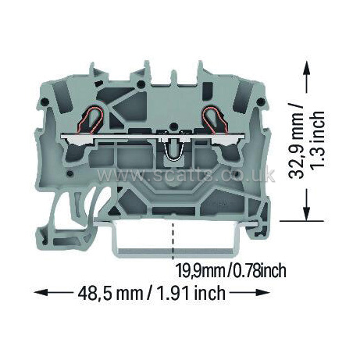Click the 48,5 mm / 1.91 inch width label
[x=151, y=293]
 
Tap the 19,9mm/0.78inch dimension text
[x=231, y=270]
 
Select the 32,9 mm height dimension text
[x=297, y=141]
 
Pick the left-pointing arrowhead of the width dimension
[x=41, y=292]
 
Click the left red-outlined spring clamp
[x=91, y=120]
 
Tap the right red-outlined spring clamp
[x=216, y=120]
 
